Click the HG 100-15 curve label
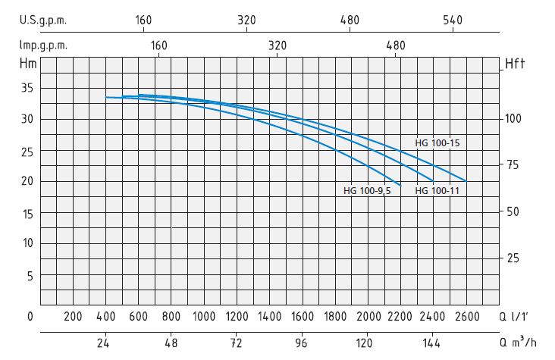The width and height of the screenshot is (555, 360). pyautogui.click(x=437, y=142)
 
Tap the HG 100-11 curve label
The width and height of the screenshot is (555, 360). pyautogui.click(x=437, y=190)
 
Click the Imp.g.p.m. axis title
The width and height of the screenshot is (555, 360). pyautogui.click(x=43, y=45)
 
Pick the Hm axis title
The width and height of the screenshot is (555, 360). pyautogui.click(x=29, y=63)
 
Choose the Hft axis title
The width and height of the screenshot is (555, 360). pyautogui.click(x=516, y=64)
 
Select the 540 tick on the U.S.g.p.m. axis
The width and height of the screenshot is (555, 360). pyautogui.click(x=453, y=20)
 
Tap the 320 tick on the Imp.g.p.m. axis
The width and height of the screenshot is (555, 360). pyautogui.click(x=277, y=45)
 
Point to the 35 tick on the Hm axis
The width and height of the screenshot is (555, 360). pyautogui.click(x=27, y=88)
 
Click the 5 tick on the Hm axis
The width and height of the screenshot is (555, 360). pyautogui.click(x=31, y=276)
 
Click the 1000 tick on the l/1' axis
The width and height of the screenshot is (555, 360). pyautogui.click(x=203, y=316)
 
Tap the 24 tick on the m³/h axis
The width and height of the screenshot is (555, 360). pyautogui.click(x=105, y=343)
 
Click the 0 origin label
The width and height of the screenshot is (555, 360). pyautogui.click(x=30, y=316)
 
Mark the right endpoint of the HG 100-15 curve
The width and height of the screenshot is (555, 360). pyautogui.click(x=466, y=181)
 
